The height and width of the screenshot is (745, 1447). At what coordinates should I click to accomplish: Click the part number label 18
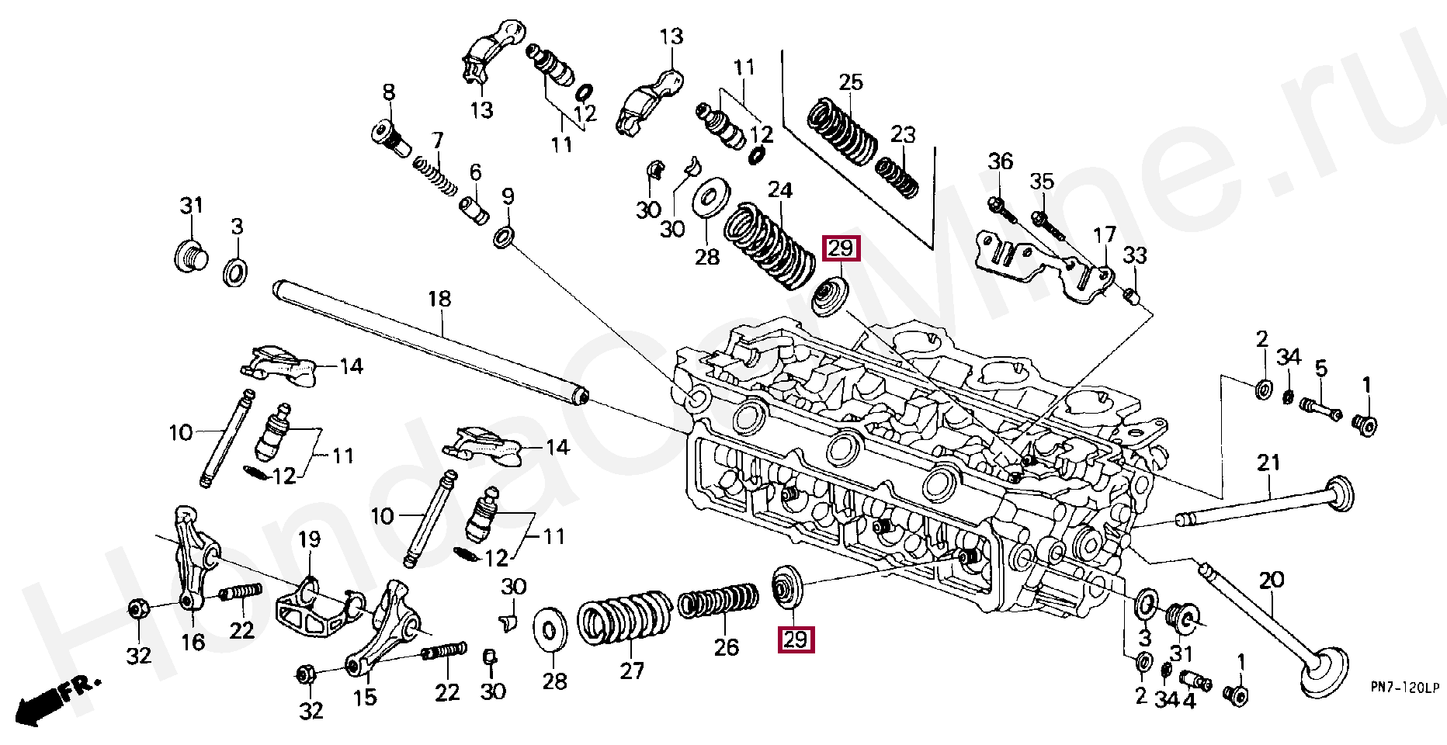[x=439, y=299]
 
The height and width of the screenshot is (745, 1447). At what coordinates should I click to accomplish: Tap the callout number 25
[x=851, y=82]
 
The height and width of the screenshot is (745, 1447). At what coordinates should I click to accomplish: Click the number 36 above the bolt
[x=1000, y=161]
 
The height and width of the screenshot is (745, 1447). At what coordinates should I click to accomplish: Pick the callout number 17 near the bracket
[x=1104, y=234]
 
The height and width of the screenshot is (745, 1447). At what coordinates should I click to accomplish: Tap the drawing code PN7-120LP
[x=1404, y=688]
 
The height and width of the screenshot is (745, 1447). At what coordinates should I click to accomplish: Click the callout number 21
[x=1268, y=463]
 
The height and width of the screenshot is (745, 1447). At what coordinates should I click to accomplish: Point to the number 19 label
[x=309, y=539]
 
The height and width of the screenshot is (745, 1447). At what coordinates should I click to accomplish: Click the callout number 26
[x=727, y=647]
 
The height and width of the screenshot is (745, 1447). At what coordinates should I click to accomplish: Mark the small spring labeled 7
[x=435, y=176]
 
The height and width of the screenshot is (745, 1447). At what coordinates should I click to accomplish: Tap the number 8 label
[x=389, y=92]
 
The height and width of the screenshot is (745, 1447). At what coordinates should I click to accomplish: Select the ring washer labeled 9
[x=504, y=237]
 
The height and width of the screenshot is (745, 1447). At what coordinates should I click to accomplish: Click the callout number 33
[x=1135, y=255]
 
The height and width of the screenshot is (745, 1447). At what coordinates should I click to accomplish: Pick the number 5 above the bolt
[x=1320, y=368]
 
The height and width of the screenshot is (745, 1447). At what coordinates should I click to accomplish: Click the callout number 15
[x=365, y=697]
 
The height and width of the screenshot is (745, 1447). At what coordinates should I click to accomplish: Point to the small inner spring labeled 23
[x=897, y=177]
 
